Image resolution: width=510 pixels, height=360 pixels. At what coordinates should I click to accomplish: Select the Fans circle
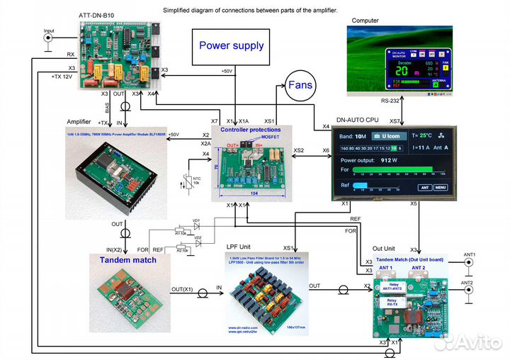coord(300,86)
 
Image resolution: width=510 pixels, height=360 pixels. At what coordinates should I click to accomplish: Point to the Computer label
coord(365,21)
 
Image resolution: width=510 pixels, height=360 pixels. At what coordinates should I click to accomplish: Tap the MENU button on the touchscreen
coord(441,188)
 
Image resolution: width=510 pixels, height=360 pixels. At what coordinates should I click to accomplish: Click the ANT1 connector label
coord(468,254)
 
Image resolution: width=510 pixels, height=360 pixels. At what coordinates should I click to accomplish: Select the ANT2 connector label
coord(468,282)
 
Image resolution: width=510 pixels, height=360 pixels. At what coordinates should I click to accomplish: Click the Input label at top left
coord(49,31)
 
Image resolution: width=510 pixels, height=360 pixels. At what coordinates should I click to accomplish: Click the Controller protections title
coord(250,130)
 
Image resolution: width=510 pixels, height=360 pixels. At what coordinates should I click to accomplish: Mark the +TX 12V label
coord(62,76)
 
